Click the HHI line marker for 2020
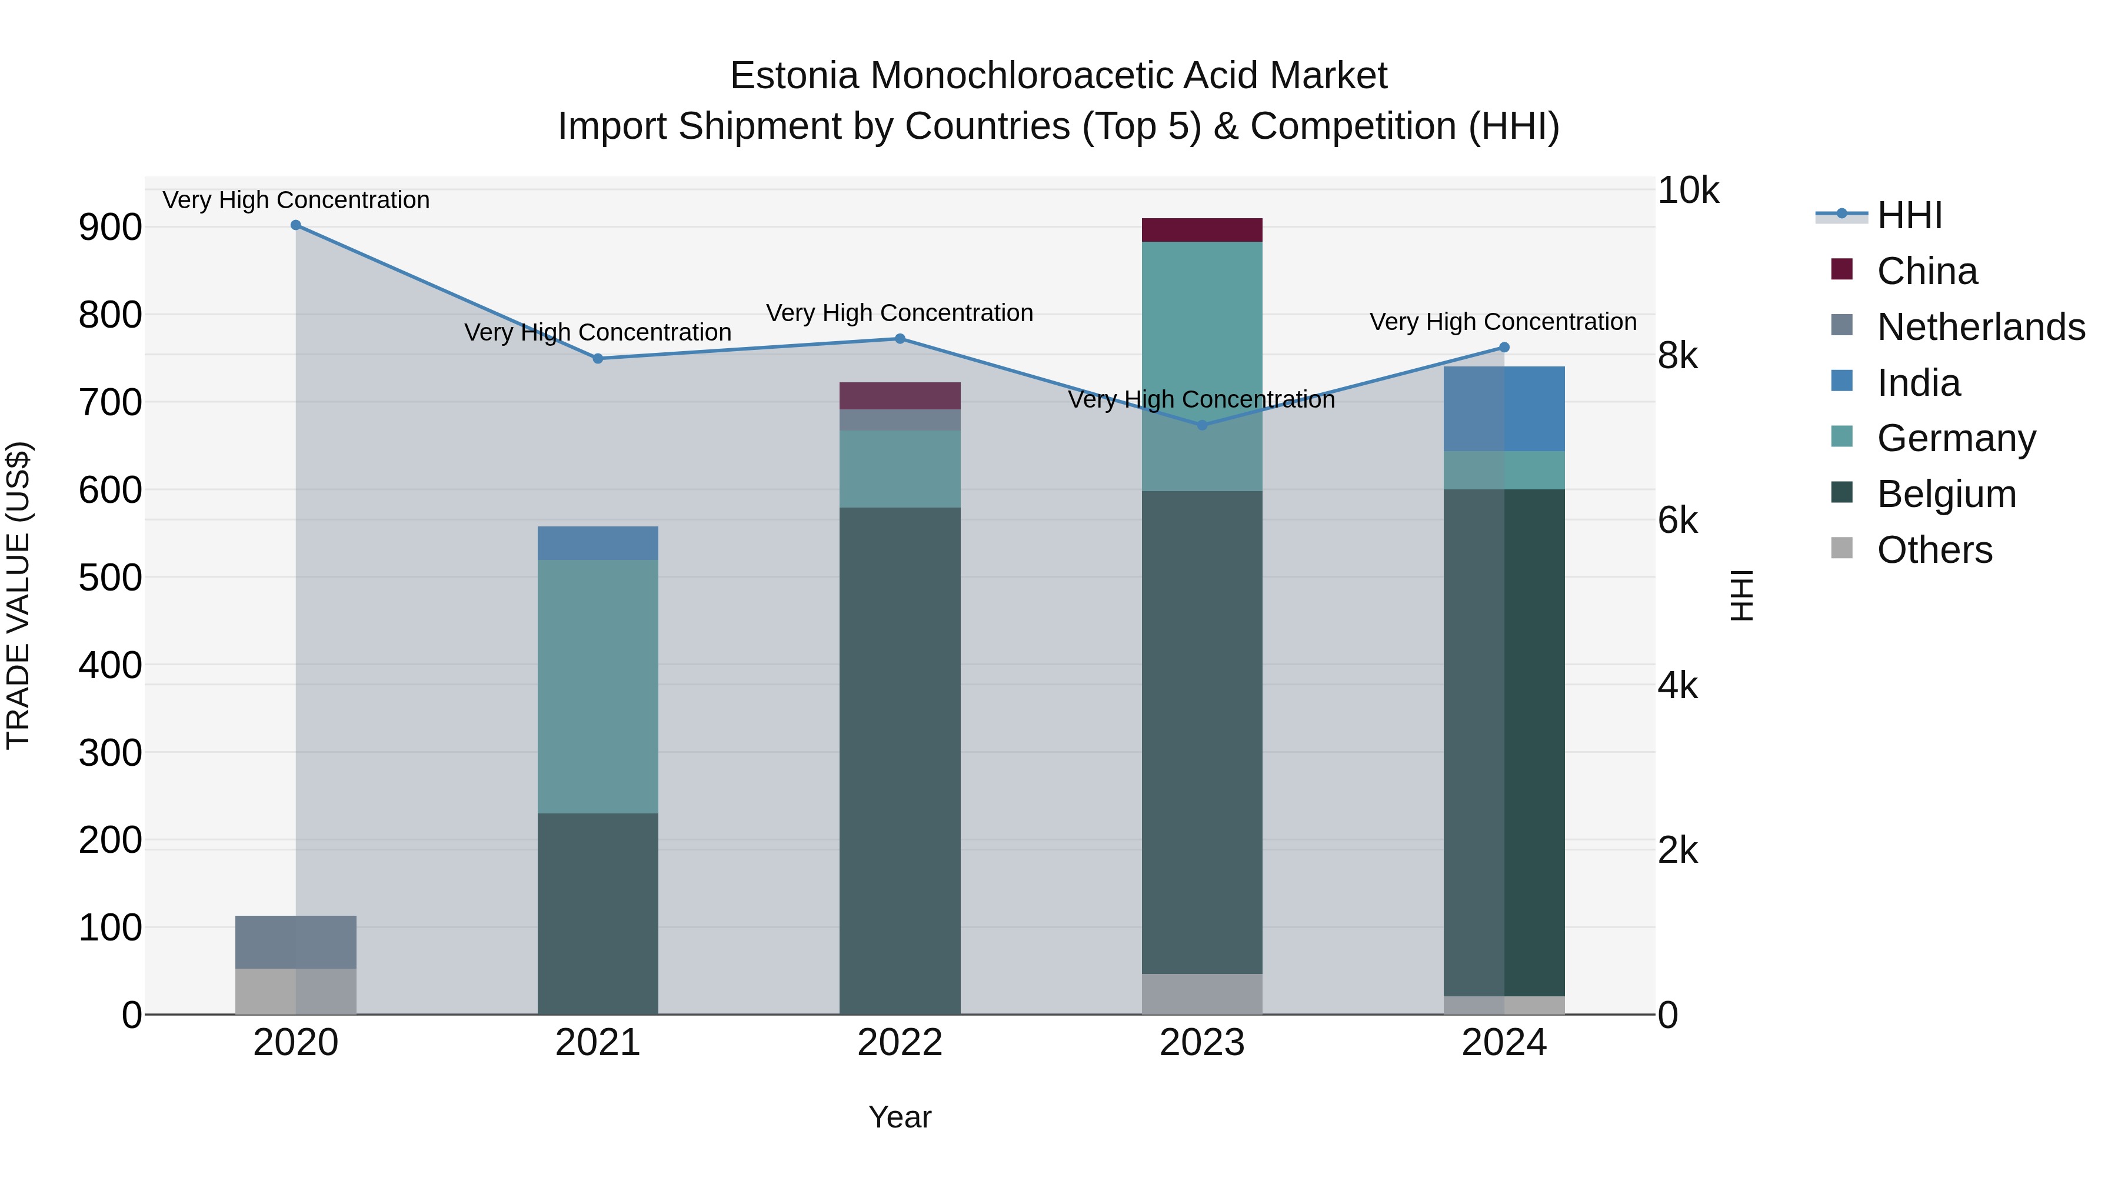coord(296,225)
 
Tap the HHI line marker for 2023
coord(1202,425)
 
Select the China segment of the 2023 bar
coord(1202,230)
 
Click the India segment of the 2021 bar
coord(598,543)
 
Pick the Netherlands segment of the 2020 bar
coord(296,942)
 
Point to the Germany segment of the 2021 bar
coord(598,686)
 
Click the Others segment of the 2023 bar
coord(1202,994)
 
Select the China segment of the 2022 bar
coord(900,396)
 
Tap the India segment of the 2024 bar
coord(1504,409)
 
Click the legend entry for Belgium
coord(1946,494)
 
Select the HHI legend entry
coord(1909,215)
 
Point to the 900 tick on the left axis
coord(110,228)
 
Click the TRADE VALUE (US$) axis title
coord(18,595)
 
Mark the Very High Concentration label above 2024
coord(1503,321)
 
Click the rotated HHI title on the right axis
coord(1741,595)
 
